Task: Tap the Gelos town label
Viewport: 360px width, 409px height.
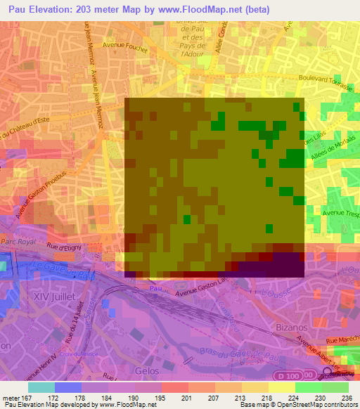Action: click(147, 370)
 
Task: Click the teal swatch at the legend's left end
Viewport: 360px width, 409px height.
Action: click(41, 387)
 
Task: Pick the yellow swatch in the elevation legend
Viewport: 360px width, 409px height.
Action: click(282, 387)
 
